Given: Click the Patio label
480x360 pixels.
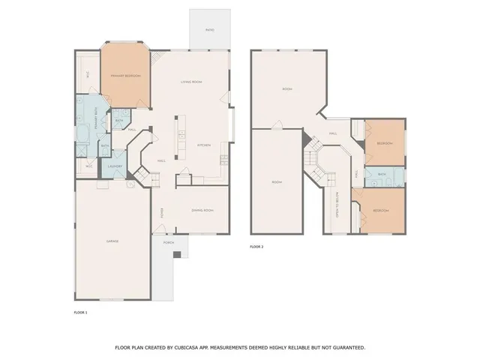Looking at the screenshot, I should point(210,30).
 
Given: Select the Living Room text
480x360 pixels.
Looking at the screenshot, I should point(193,82).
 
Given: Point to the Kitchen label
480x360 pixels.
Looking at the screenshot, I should point(204,145).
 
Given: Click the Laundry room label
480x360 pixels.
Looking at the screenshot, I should point(115,166).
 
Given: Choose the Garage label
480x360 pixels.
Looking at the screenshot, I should point(112,241).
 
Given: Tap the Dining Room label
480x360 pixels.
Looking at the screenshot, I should point(202,211).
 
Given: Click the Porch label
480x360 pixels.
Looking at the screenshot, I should point(169,242).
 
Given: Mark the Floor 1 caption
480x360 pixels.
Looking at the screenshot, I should point(80,311).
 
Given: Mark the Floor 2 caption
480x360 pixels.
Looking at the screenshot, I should point(256,246).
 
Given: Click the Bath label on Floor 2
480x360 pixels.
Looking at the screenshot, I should point(382,175).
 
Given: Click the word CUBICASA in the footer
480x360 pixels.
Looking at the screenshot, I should point(190,347).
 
